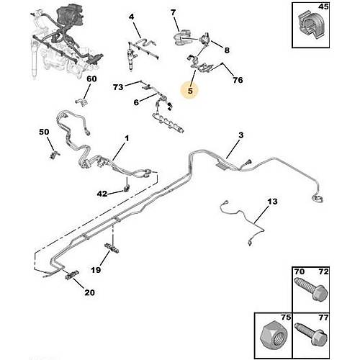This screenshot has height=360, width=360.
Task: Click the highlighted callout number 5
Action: (190, 91)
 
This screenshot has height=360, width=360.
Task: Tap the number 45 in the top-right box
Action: (323, 6)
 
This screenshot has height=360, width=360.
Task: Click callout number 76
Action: (238, 80)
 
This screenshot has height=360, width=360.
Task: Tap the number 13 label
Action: (272, 202)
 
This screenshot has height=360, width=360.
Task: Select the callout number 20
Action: (89, 292)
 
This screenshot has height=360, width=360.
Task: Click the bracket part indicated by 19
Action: (112, 248)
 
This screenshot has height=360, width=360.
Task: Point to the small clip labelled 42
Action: (127, 189)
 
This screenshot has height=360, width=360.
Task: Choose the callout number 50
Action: (44, 132)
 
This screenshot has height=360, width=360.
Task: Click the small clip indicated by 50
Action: (55, 154)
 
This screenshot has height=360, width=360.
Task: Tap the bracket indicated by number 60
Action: (81, 102)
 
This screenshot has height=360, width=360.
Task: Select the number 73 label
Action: (118, 87)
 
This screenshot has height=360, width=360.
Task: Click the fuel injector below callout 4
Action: (132, 57)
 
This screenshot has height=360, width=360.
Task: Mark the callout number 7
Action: (174, 12)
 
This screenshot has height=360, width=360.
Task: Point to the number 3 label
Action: (241, 135)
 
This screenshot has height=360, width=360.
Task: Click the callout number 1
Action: (127, 138)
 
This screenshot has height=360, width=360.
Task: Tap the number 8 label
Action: (227, 50)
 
